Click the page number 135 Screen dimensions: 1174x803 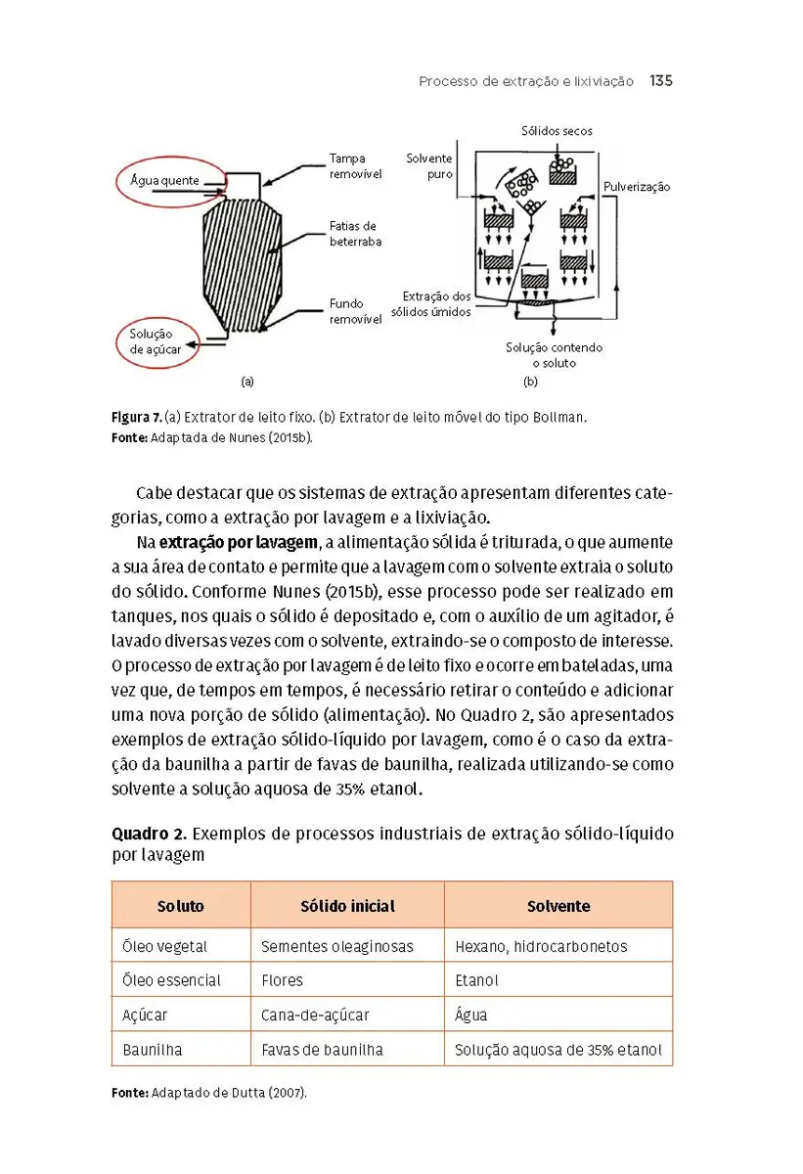661,81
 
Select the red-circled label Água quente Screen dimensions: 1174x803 165,180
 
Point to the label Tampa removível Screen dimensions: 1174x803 354,165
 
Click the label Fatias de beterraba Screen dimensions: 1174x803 354,234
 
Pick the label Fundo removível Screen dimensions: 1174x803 354,312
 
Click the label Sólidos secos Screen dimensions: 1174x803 557,131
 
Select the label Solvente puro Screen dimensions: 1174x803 429,165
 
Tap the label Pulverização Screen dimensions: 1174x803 637,187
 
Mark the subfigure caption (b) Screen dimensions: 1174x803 531,381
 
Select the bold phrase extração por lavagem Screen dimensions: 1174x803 239,542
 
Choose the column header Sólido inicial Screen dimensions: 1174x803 347,906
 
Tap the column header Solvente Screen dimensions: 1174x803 558,906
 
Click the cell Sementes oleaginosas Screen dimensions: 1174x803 337,946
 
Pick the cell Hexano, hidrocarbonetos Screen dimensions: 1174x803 541,946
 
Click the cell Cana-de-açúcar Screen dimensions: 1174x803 315,1015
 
